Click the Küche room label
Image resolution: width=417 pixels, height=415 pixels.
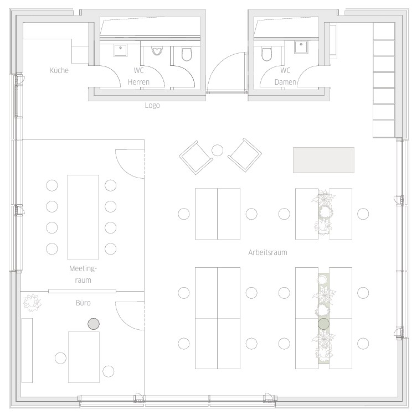click(x=59, y=70)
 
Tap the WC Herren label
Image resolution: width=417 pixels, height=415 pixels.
click(x=138, y=76)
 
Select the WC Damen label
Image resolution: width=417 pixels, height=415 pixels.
click(x=285, y=76)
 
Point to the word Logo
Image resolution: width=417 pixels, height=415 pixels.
click(x=152, y=106)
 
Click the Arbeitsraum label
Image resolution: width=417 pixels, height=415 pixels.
click(x=268, y=252)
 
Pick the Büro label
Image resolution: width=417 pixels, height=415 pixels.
click(x=83, y=303)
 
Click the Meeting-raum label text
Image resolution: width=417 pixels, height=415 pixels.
click(x=83, y=274)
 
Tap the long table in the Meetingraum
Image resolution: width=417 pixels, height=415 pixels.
click(x=83, y=217)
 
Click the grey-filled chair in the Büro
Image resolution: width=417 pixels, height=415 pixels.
click(x=94, y=324)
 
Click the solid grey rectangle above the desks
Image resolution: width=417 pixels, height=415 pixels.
click(x=323, y=160)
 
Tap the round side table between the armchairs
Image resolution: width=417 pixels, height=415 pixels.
click(x=217, y=151)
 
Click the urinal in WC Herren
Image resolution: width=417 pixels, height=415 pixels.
click(x=157, y=51)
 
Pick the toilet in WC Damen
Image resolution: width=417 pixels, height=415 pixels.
click(x=266, y=54)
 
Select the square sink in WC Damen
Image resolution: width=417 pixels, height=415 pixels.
click(x=301, y=47)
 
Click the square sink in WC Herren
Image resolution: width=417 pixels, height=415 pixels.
click(x=121, y=50)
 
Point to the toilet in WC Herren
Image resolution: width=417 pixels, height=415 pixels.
click(x=187, y=54)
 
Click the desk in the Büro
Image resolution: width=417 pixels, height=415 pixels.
click(x=84, y=357)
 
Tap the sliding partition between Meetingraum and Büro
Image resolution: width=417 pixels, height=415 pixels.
click(x=82, y=291)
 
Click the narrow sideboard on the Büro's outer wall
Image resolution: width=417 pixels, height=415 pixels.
click(x=27, y=350)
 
